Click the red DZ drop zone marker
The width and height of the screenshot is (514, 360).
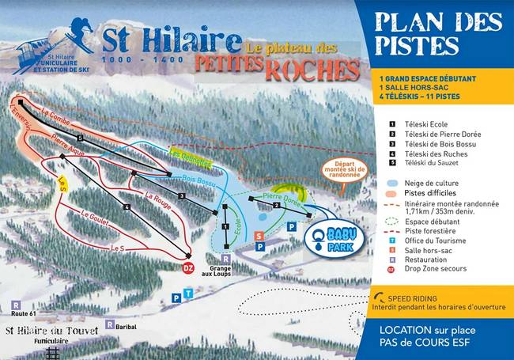coord(188,267)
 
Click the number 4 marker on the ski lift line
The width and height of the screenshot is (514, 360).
coord(127,207)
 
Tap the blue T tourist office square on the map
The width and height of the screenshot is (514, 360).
coord(187,294)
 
